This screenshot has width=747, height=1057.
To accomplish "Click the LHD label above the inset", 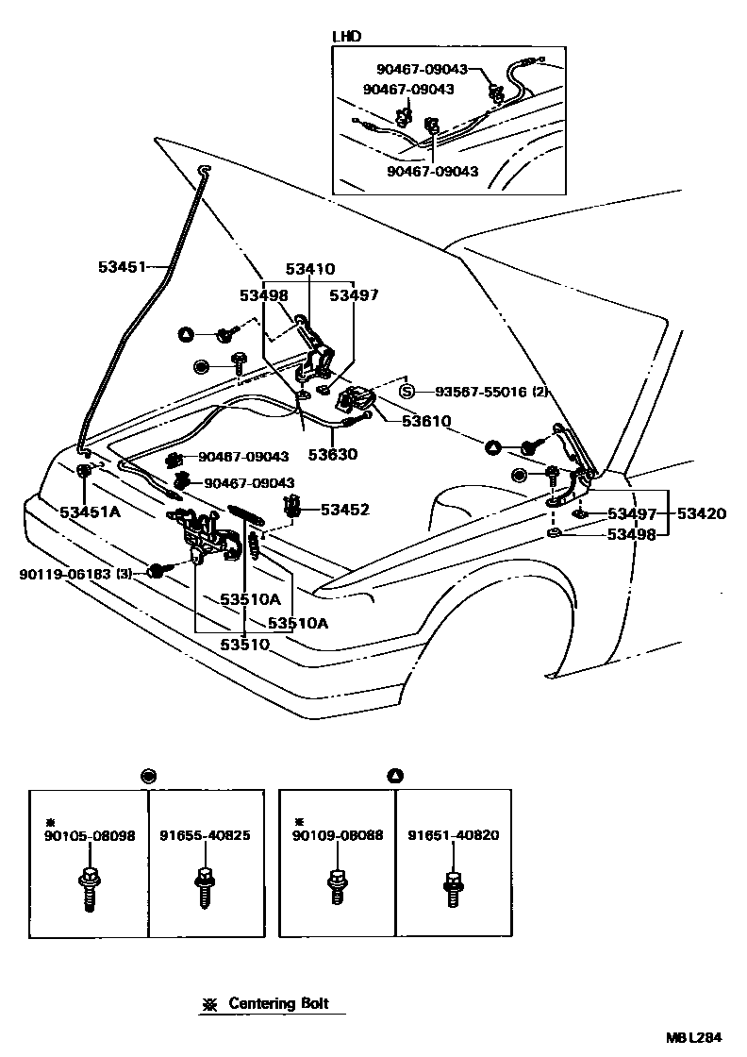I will (x=347, y=37).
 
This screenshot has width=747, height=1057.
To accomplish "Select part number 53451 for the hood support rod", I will (x=122, y=267).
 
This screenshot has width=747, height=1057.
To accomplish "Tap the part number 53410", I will (x=309, y=269).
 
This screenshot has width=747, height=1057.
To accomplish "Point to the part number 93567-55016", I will (x=475, y=392).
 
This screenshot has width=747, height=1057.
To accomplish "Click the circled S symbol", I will (x=407, y=392).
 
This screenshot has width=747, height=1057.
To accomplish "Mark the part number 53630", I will (x=330, y=454).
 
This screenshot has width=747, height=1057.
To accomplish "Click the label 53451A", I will (x=91, y=512).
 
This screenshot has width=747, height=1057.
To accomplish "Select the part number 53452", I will (x=344, y=510).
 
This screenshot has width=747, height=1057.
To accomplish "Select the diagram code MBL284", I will (x=695, y=1037).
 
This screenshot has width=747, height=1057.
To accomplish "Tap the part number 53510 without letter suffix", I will (x=245, y=644).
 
